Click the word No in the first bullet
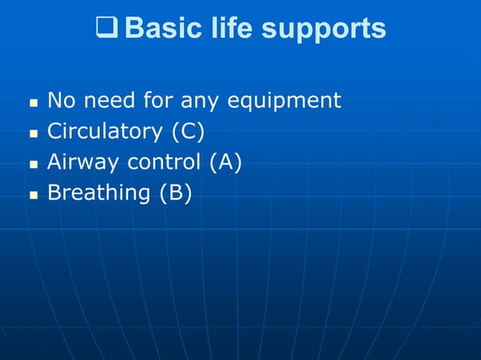[60, 100]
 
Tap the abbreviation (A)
[225, 162]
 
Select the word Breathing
[99, 193]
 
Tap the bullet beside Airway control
[32, 163]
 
